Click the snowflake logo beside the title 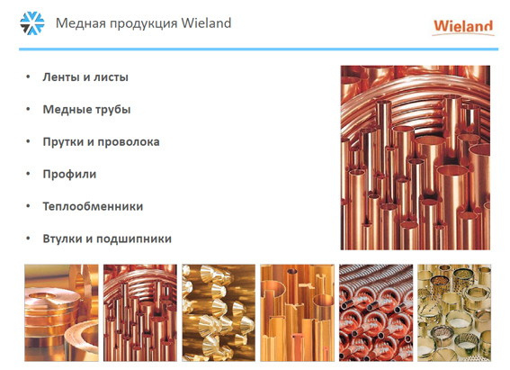(x=31, y=23)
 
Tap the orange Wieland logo (x=463, y=27)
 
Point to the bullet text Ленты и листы (x=85, y=77)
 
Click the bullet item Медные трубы (x=86, y=109)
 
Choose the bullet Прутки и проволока (x=101, y=142)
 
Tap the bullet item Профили (x=69, y=174)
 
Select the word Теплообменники (x=93, y=206)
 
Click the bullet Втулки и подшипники (x=107, y=239)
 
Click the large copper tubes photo (x=416, y=158)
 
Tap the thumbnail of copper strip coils (x=61, y=312)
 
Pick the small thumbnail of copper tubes (x=140, y=312)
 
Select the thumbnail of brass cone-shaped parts (x=219, y=312)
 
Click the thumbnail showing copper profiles (x=298, y=312)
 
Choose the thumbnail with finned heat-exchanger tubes (x=376, y=312)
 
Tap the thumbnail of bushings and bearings (x=454, y=312)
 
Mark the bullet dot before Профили (x=28, y=174)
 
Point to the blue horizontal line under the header (x=258, y=50)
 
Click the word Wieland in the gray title (x=206, y=23)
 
